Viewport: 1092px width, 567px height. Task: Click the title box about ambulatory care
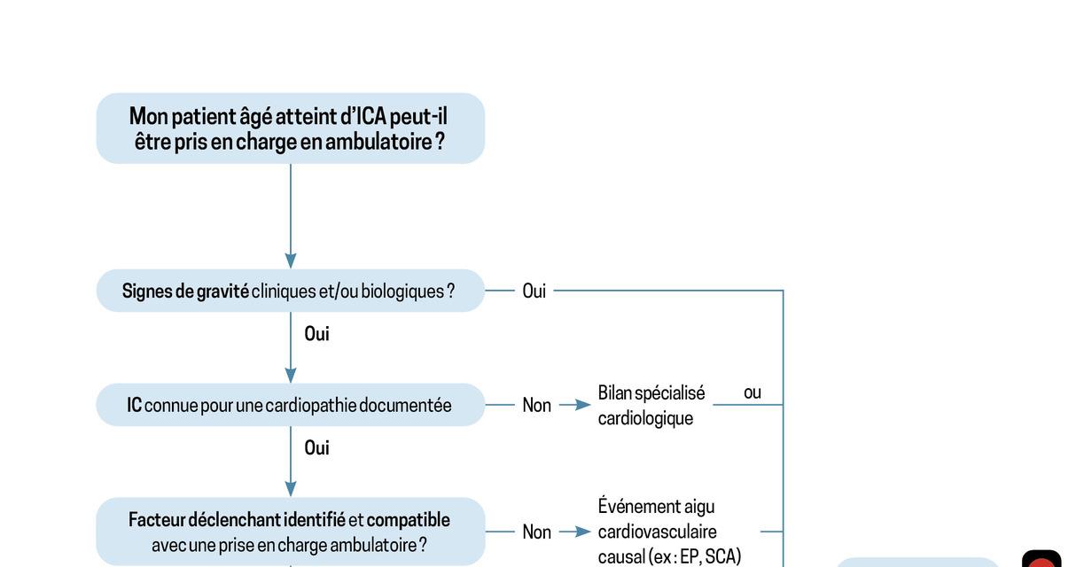pyautogui.click(x=291, y=128)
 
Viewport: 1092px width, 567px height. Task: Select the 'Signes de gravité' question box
pyautogui.click(x=291, y=291)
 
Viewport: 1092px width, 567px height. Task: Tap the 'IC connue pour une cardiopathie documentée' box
pyautogui.click(x=291, y=405)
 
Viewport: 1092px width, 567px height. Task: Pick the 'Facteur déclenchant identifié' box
pyautogui.click(x=291, y=532)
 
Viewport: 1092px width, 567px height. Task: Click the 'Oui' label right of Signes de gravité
pyautogui.click(x=534, y=291)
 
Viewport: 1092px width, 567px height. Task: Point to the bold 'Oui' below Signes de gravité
pyautogui.click(x=317, y=334)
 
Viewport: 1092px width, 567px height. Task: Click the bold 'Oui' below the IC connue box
pyautogui.click(x=317, y=447)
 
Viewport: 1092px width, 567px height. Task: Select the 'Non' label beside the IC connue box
pyautogui.click(x=537, y=405)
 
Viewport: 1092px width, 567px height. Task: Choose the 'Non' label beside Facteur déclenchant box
pyautogui.click(x=537, y=532)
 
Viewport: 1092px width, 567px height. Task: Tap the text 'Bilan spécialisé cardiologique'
pyautogui.click(x=651, y=405)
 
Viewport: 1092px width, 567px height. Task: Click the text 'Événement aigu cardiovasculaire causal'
pyautogui.click(x=669, y=532)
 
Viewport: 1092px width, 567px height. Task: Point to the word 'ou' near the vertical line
pyautogui.click(x=753, y=392)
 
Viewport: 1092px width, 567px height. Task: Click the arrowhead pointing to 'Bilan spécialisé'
pyautogui.click(x=583, y=405)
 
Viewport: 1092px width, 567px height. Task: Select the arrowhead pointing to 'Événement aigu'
pyautogui.click(x=583, y=532)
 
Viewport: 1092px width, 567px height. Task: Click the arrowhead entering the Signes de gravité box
pyautogui.click(x=291, y=261)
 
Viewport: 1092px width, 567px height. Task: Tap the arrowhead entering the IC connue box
pyautogui.click(x=291, y=375)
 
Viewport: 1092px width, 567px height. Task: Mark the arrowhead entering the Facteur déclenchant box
pyautogui.click(x=291, y=489)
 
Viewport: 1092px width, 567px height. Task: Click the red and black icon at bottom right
pyautogui.click(x=1041, y=559)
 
